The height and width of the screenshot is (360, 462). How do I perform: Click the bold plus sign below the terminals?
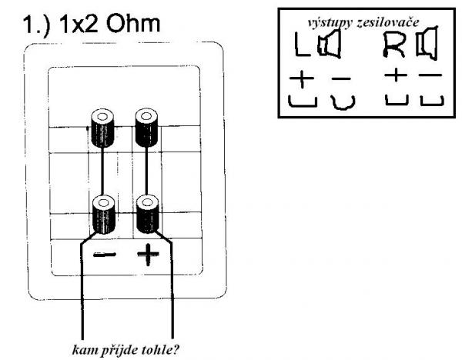tap(147, 255)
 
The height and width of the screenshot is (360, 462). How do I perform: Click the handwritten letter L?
tap(302, 49)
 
